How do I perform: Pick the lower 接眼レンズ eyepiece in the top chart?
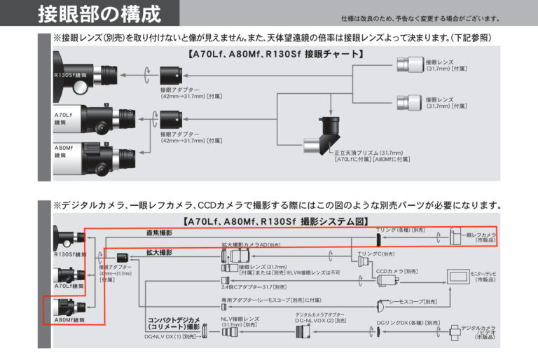(x=410, y=102)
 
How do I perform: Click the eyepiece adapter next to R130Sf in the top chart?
(x=172, y=74)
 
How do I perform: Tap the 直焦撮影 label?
(x=159, y=233)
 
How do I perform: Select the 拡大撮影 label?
(x=159, y=252)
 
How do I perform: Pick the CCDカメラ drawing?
(x=386, y=279)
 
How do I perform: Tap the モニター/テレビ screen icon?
(x=461, y=276)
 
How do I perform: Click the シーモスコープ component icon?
(x=383, y=305)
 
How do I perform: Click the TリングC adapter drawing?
(x=363, y=261)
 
